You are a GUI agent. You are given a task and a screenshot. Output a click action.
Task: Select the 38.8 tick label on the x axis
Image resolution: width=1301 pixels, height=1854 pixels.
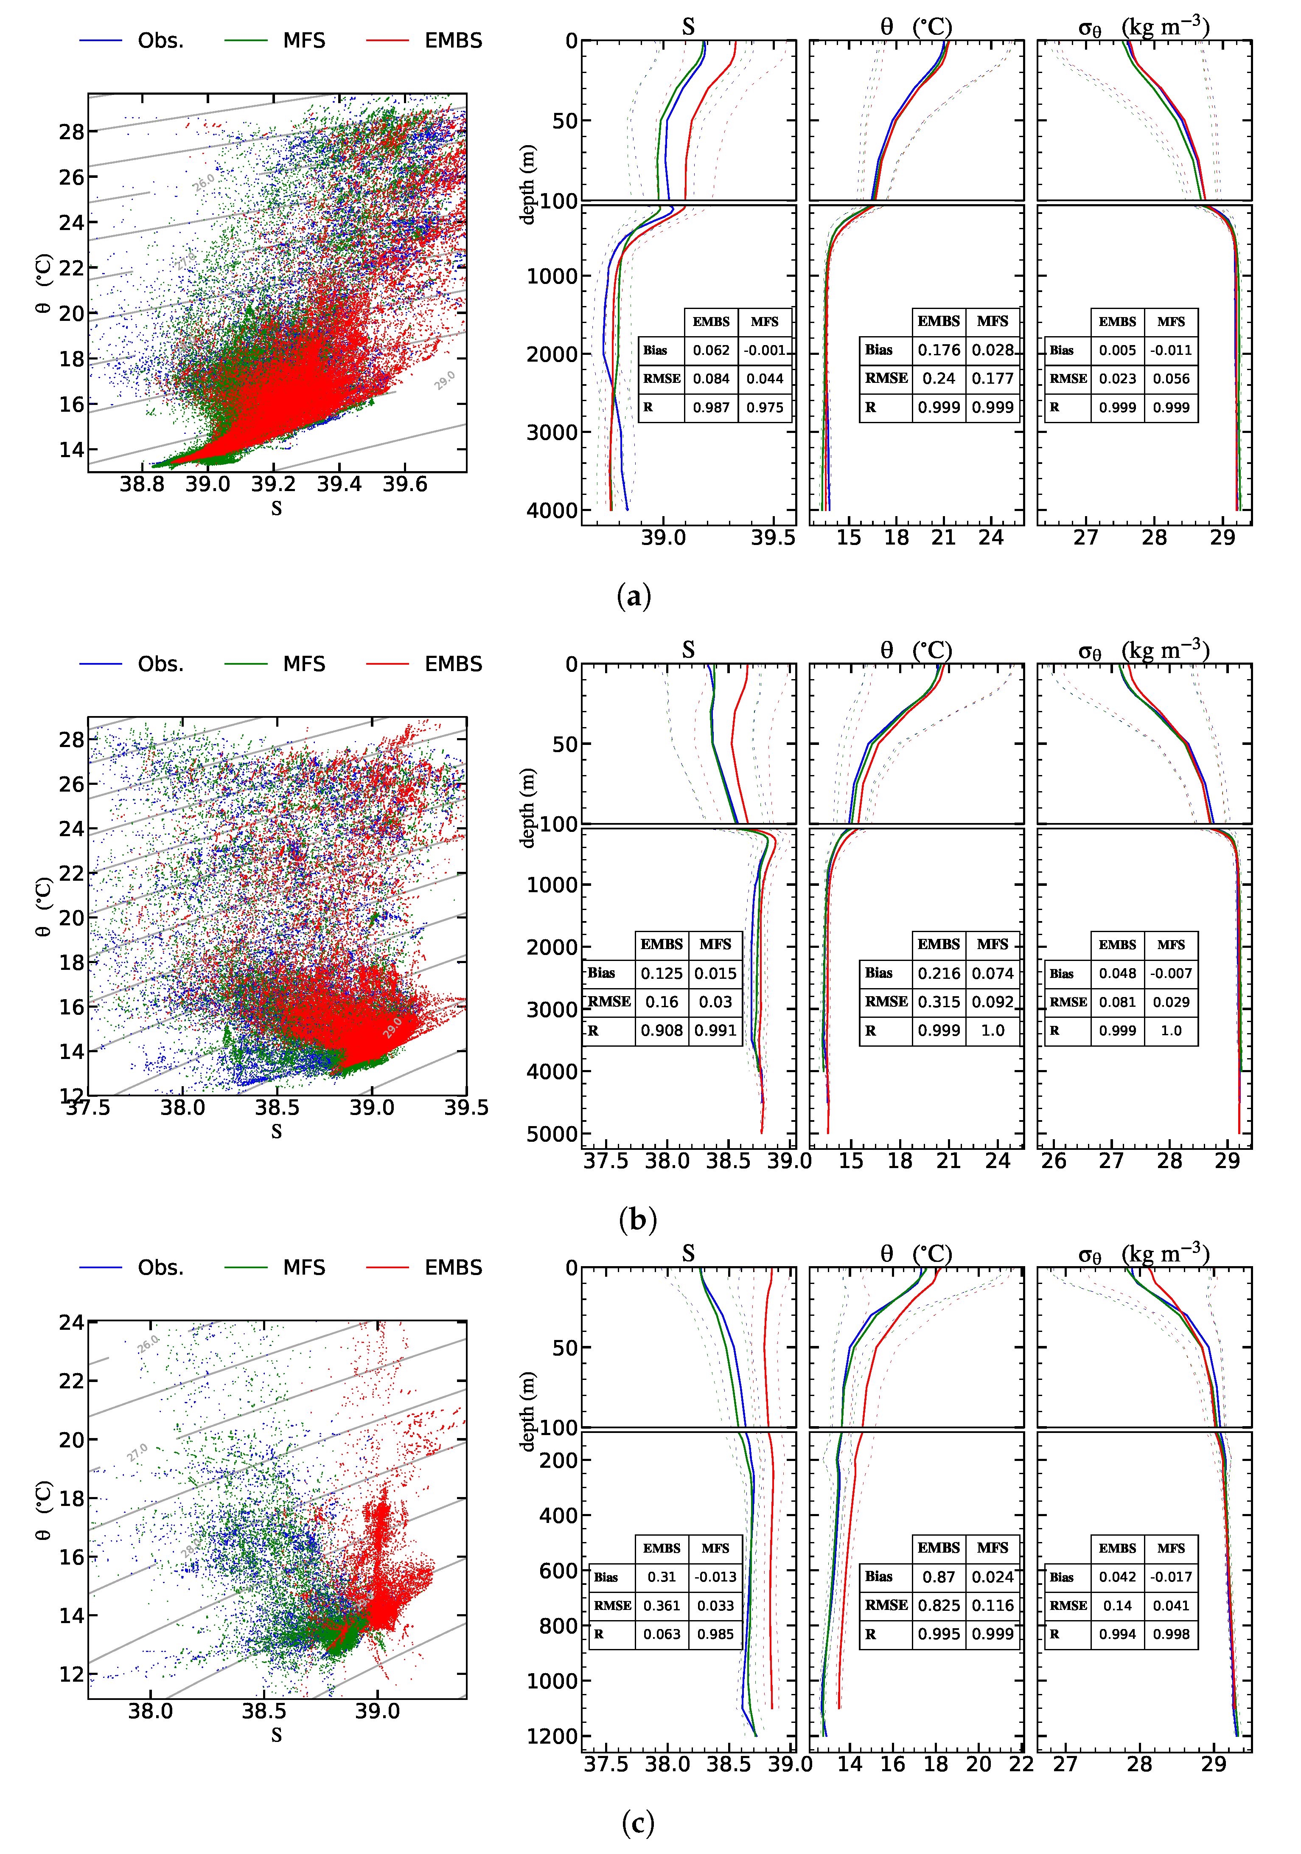coord(142,484)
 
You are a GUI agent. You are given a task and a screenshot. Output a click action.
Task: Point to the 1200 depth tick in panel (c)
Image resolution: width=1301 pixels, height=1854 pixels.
coord(552,1736)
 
